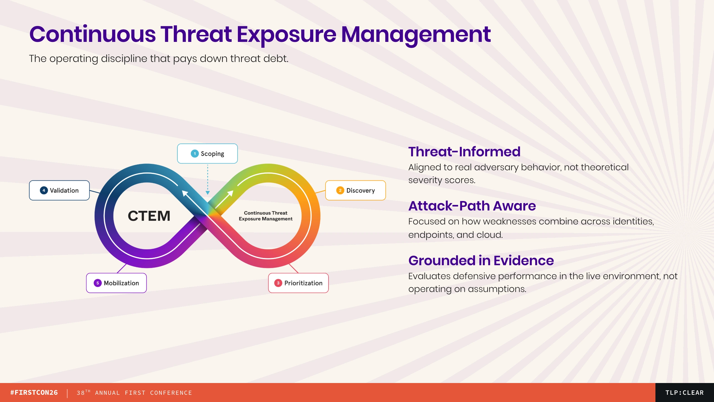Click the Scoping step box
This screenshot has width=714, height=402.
click(207, 154)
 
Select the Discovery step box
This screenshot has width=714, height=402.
click(356, 190)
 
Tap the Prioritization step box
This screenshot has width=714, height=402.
click(298, 283)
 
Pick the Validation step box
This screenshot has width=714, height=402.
click(59, 190)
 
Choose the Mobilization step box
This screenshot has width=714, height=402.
click(116, 283)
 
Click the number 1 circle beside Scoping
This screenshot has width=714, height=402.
click(195, 154)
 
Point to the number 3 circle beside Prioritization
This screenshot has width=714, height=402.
click(278, 283)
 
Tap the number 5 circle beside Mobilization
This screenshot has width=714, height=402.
click(98, 283)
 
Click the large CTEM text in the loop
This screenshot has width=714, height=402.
click(149, 216)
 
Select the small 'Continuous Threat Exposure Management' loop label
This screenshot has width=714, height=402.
click(266, 216)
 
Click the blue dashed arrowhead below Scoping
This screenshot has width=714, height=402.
click(208, 193)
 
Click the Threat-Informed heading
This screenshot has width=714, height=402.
click(464, 152)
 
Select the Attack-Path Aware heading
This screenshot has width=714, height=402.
click(472, 206)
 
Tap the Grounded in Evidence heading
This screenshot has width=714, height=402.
click(481, 260)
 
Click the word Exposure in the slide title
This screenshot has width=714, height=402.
click(286, 35)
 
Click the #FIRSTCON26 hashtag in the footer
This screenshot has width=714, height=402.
click(34, 393)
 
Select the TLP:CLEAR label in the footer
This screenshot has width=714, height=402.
click(685, 393)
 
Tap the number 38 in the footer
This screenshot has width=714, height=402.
click(81, 393)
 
